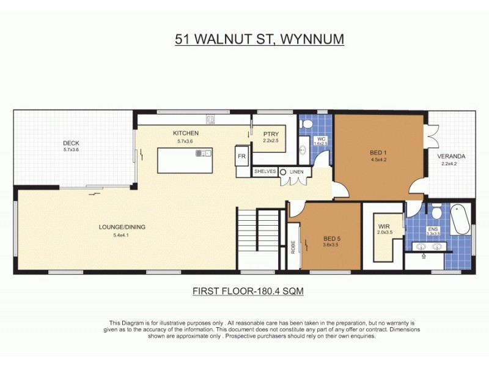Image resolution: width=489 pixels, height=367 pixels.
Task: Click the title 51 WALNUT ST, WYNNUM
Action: tap(259, 40)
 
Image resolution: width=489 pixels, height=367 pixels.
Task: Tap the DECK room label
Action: tap(72, 143)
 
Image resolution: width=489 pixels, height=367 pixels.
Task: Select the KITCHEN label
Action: tap(185, 133)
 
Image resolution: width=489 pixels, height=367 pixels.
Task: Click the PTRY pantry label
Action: tap(270, 134)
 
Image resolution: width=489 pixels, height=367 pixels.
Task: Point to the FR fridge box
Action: tap(242, 157)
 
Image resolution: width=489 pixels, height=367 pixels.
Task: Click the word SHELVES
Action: tap(265, 172)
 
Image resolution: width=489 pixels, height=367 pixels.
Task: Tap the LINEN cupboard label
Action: tap(296, 172)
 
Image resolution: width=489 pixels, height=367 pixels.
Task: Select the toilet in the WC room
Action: tap(307, 124)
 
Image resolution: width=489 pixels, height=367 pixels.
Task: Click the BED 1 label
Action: tap(378, 152)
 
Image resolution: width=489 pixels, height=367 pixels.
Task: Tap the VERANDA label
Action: tap(449, 156)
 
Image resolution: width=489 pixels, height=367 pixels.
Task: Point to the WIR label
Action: tap(384, 226)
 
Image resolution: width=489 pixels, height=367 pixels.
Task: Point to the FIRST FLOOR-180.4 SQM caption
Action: tap(247, 292)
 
